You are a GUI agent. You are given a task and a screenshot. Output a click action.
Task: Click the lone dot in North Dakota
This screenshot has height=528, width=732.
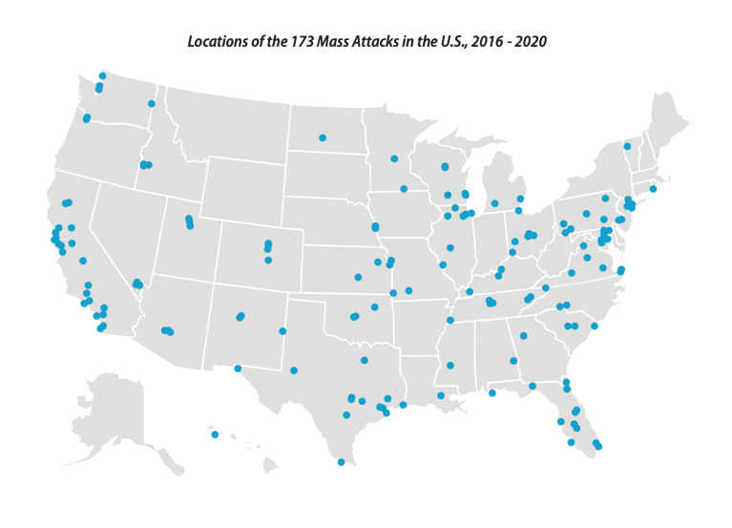click(x=323, y=137)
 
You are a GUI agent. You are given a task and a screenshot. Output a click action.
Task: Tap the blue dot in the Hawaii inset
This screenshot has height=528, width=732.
click(x=215, y=435)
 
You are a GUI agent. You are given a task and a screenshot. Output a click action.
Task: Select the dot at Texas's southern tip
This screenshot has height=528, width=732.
click(x=341, y=462)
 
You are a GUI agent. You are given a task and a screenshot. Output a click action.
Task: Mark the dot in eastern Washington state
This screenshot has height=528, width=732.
click(x=151, y=103)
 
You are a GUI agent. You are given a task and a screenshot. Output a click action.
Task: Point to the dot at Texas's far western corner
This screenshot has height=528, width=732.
click(x=238, y=368)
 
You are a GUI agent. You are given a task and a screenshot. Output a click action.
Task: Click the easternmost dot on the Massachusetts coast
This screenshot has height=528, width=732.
click(x=653, y=189)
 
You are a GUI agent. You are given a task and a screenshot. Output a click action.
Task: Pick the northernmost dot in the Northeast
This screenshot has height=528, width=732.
click(x=626, y=146)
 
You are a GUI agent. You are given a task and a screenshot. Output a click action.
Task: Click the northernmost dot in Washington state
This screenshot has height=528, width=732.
click(x=102, y=75)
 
